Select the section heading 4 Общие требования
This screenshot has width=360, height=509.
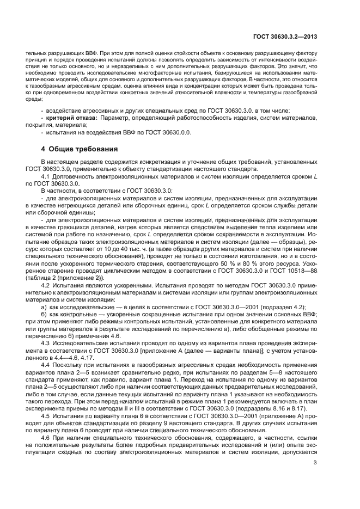(80, 149)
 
